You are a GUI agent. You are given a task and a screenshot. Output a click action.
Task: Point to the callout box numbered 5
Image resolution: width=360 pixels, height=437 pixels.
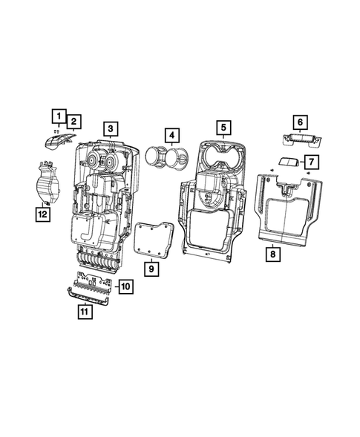[222, 128]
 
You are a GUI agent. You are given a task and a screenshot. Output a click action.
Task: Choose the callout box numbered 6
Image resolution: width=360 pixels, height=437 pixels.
[301, 122]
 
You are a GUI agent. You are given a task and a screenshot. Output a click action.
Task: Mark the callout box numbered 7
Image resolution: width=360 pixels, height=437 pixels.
[311, 161]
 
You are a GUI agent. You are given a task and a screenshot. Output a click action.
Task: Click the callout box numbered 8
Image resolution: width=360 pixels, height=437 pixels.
[272, 254]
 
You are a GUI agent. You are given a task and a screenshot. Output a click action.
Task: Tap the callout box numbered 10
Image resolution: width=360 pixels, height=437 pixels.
[125, 286]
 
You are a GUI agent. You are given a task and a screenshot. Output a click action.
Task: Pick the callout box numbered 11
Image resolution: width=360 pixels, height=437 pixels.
[86, 312]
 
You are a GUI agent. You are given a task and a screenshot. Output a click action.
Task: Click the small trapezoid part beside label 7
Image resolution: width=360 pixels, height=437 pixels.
[287, 162]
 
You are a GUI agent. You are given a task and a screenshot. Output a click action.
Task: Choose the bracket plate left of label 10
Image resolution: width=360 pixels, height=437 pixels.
[94, 283]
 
